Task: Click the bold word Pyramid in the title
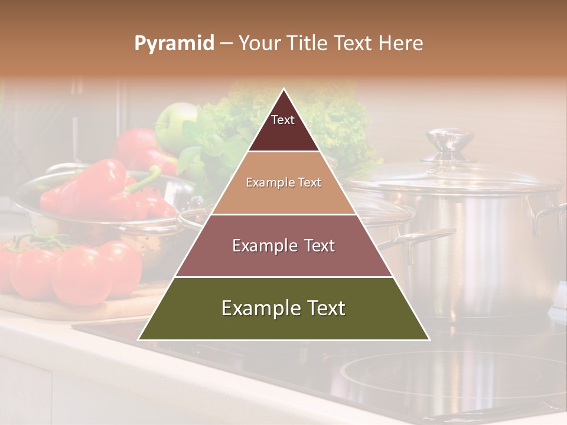point(174,44)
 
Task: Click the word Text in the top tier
point(282,120)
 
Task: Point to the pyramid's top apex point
point(284,89)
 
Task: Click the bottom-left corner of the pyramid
point(138,339)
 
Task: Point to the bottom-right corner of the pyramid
point(429,339)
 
